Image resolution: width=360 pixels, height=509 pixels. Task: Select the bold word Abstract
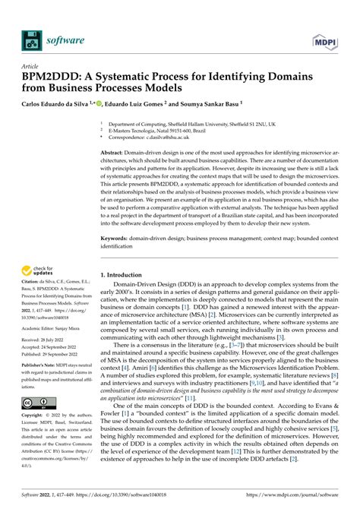[x=115, y=153]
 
